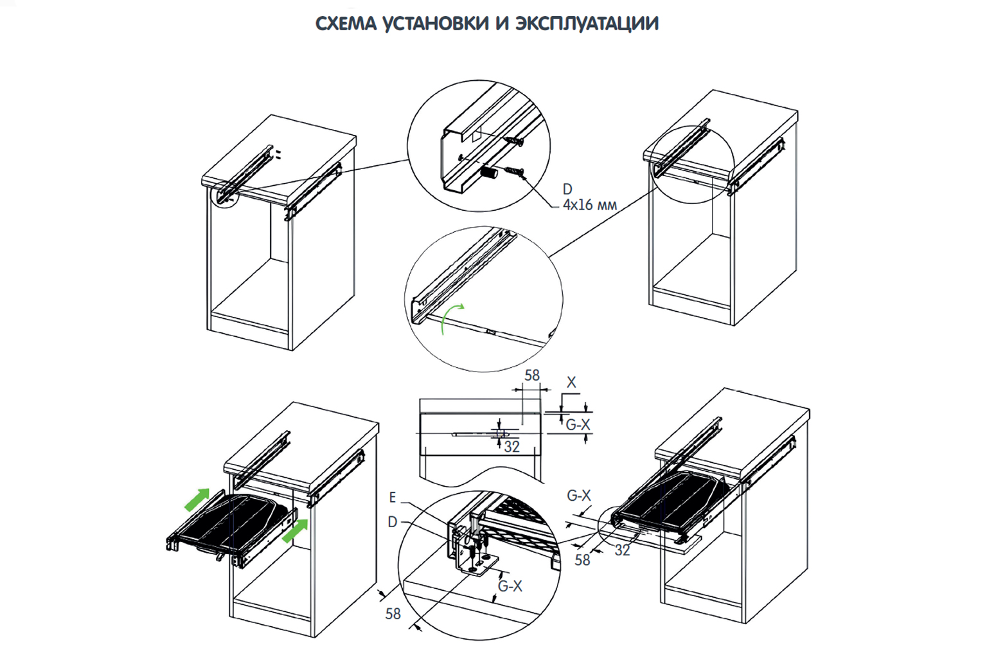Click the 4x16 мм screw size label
point(589,205)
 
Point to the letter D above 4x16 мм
point(567,189)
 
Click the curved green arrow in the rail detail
point(451,318)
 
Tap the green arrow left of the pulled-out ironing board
point(197,499)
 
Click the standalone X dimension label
point(571,382)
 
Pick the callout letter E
point(393,498)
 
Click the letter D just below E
point(393,522)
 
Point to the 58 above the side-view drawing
point(532,375)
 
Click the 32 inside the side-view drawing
point(511,446)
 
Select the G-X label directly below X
point(578,424)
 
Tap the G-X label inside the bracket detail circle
point(510,586)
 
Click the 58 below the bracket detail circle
point(393,614)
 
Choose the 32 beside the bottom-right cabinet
point(622,550)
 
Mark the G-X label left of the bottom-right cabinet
point(578,496)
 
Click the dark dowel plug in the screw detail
point(490,174)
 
